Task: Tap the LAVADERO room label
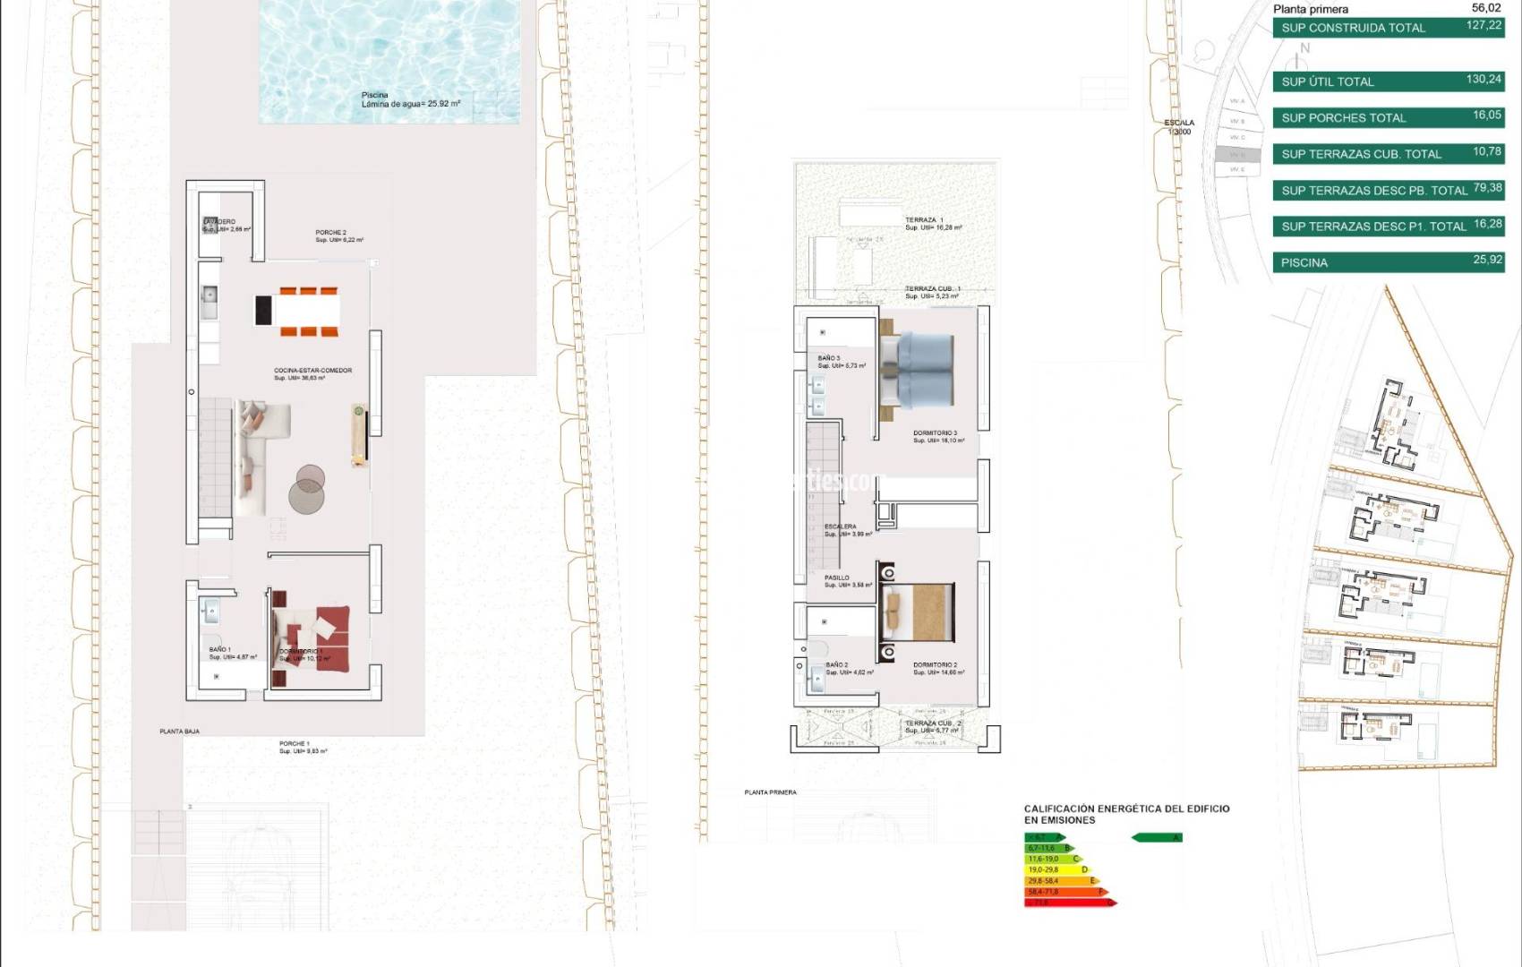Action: (x=220, y=222)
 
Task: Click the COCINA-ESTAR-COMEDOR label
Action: (x=312, y=371)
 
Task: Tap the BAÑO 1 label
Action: (x=220, y=650)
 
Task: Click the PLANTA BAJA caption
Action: (x=179, y=732)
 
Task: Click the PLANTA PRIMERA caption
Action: (x=770, y=792)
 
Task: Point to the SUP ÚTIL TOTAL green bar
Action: (x=1388, y=81)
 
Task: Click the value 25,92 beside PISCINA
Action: (x=1487, y=260)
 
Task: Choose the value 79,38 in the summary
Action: (x=1487, y=188)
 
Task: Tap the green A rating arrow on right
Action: (x=1157, y=838)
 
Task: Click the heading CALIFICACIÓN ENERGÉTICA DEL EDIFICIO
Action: (x=1126, y=809)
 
